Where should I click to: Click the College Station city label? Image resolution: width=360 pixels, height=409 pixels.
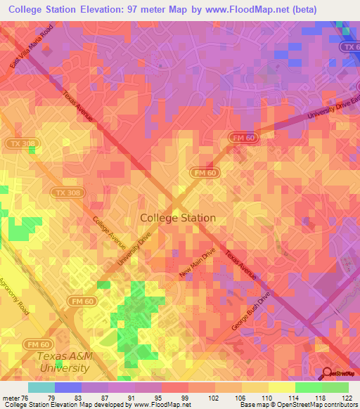point(178,218)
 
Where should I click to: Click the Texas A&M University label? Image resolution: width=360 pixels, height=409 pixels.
point(63,362)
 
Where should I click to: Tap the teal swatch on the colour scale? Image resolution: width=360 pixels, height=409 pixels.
point(41,387)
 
